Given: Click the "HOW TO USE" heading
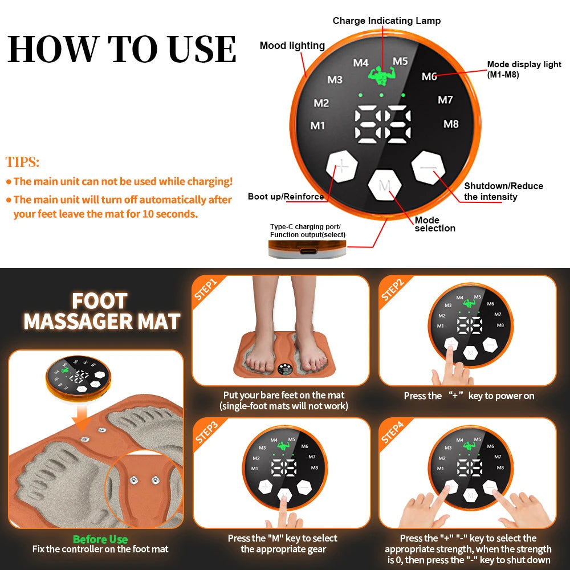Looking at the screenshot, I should (x=121, y=49).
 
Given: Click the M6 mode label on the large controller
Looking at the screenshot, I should (x=429, y=76).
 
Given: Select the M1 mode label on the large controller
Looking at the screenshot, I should (x=317, y=125).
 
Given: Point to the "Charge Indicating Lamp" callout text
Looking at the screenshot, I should (x=386, y=21).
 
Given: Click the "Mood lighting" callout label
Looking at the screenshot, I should (x=292, y=46).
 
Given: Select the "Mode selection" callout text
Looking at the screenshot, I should (x=435, y=224).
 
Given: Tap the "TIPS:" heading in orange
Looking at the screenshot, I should (x=23, y=162).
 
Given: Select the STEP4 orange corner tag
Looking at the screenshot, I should (x=393, y=431).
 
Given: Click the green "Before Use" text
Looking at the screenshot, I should (x=100, y=539).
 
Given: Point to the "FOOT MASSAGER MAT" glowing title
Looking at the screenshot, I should (x=101, y=311).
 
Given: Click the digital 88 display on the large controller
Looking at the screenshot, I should (x=382, y=124).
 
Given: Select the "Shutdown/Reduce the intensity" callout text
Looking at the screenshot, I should (x=503, y=192).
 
